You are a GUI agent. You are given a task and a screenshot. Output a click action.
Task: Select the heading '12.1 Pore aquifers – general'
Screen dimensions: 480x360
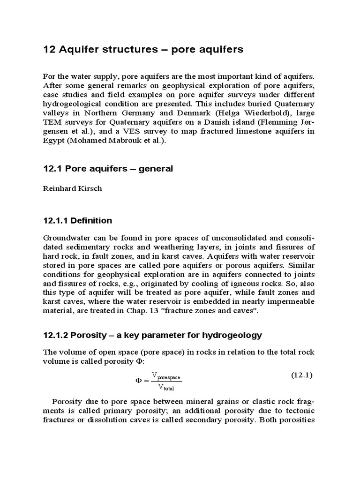tap(108, 169)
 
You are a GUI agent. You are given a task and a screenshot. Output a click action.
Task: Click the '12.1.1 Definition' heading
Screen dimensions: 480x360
tap(77, 220)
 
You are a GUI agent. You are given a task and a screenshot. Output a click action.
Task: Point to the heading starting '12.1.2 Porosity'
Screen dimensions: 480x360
tap(152, 335)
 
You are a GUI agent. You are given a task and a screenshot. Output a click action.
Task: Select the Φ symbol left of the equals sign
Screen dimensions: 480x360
tap(139, 381)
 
